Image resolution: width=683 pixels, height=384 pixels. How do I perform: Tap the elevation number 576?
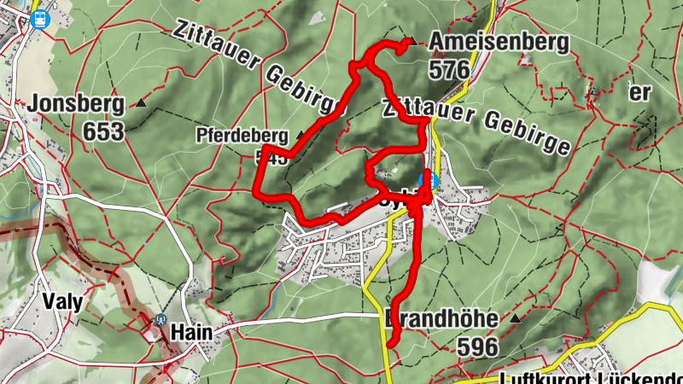coord(451,69)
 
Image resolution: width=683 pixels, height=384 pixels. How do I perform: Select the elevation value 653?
coord(104,132)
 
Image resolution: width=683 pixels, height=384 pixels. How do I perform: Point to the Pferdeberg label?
coord(243,135)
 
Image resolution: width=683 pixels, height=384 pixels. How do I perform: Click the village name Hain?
coord(190,332)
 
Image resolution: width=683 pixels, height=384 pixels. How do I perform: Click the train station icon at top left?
coord(38,18)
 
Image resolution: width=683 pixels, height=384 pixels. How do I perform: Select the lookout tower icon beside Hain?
coord(160,322)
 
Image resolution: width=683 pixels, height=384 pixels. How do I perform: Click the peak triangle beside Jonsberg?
coord(141,104)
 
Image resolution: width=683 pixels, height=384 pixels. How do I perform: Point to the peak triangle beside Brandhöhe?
coord(515,319)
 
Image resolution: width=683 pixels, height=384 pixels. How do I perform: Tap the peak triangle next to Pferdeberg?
coord(300,135)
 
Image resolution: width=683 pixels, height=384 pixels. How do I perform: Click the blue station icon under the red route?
coord(432,181)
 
